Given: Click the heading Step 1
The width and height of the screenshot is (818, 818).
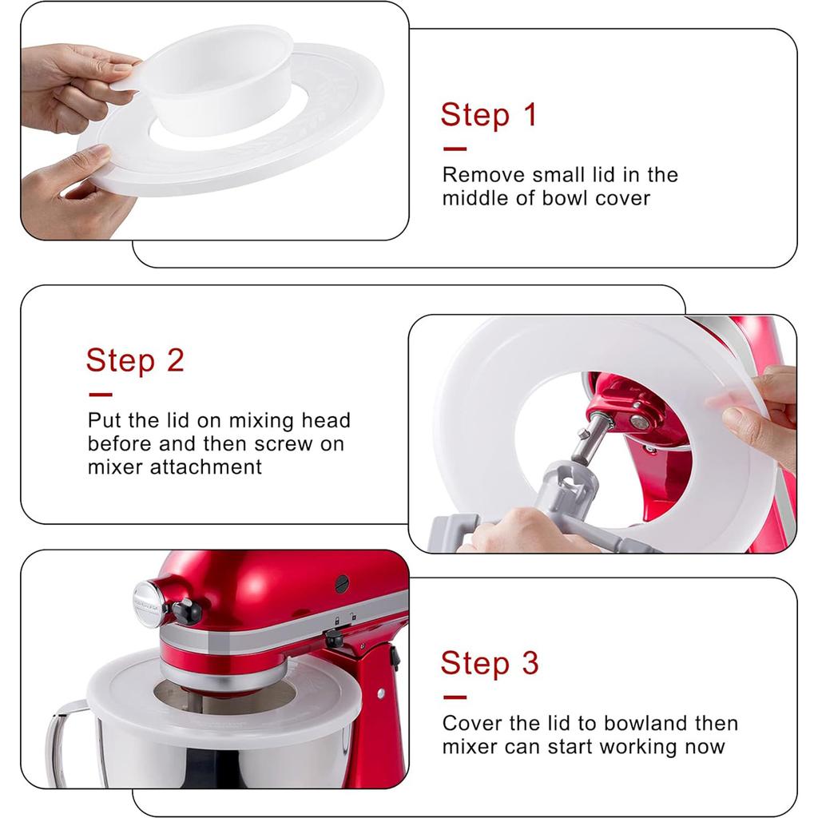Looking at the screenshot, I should [489, 115].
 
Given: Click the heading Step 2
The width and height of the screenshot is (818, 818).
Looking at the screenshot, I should [135, 360].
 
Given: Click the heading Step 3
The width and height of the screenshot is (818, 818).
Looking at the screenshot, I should [490, 663].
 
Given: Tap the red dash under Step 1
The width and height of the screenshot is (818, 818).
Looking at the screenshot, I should [454, 149].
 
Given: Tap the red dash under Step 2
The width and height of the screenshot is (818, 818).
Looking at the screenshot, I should [100, 394].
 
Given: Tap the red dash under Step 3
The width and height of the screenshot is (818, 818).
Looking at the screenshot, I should [454, 697].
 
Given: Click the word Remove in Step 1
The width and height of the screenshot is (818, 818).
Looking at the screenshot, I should [479, 174].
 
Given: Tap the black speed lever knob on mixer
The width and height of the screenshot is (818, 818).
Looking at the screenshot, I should [187, 613].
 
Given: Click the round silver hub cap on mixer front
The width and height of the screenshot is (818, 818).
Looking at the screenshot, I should [149, 604].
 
